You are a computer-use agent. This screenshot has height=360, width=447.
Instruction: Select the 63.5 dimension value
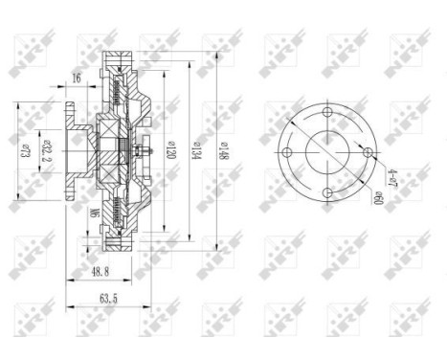pyautogui.click(x=107, y=299)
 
